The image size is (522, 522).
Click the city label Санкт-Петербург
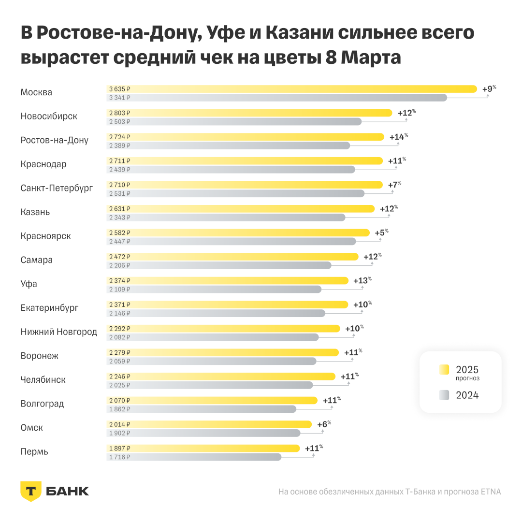tap(57, 188)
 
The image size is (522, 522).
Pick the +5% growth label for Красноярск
tap(381, 232)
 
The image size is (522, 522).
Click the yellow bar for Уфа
tap(227, 280)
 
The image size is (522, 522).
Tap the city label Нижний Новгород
tap(59, 332)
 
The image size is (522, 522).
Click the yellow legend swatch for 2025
tap(444, 370)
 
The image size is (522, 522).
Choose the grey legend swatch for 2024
tap(444, 395)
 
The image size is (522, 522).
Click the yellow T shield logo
tap(30, 491)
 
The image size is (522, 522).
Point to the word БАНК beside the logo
tap(68, 491)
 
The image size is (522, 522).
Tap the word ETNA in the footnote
tap(491, 492)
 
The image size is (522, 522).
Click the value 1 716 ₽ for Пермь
tap(119, 457)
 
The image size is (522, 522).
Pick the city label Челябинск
tap(43, 379)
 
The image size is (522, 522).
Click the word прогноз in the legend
tap(468, 378)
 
